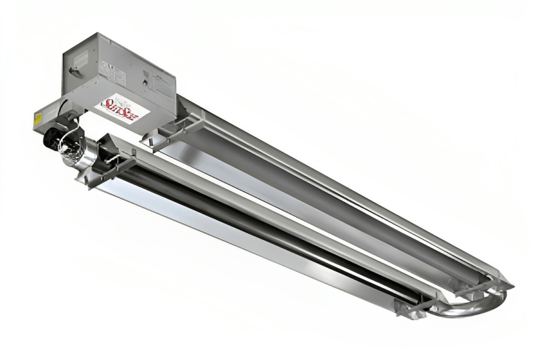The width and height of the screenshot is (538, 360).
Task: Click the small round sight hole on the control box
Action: coord(145,81)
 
